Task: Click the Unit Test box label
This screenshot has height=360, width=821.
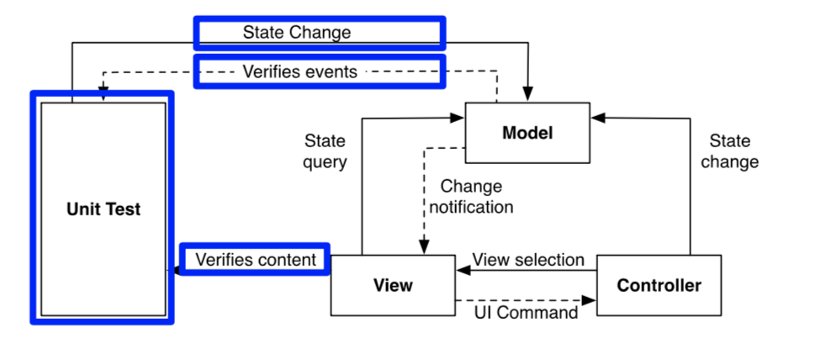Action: [103, 209]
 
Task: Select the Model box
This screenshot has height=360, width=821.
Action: [527, 132]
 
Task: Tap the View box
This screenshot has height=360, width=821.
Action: [392, 285]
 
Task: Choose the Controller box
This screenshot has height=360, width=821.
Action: [659, 285]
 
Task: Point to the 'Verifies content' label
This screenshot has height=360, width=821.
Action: [256, 260]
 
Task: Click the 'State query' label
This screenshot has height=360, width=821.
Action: [325, 151]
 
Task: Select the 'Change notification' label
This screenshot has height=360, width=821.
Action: [471, 196]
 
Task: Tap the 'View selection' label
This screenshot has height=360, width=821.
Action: [527, 260]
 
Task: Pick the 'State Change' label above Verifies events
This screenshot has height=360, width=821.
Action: [296, 33]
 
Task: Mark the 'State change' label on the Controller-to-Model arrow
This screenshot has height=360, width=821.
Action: [728, 151]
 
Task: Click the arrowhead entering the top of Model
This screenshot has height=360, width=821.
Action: [528, 96]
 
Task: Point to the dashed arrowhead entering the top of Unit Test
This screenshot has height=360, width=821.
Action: [103, 94]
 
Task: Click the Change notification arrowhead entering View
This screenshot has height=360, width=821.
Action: [425, 248]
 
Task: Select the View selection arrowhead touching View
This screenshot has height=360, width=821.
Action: [461, 271]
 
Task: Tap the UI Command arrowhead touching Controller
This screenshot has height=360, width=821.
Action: [591, 299]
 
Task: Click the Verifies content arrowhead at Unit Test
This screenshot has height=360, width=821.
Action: [177, 271]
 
